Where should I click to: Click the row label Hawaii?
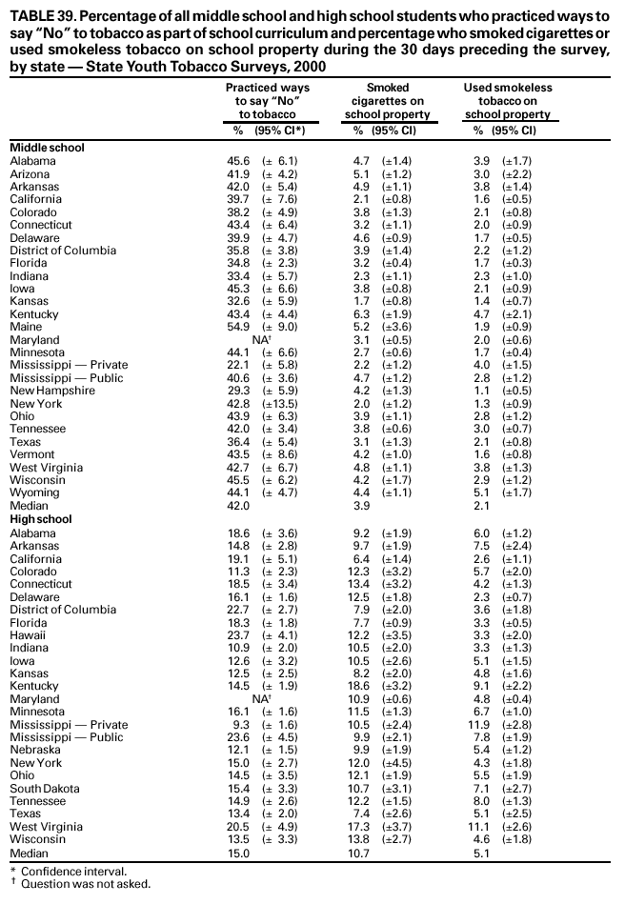[x=29, y=634]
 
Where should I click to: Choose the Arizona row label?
[x=31, y=173]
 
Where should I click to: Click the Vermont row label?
[x=32, y=455]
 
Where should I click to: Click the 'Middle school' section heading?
[x=47, y=148]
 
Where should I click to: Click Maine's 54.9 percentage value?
[x=238, y=327]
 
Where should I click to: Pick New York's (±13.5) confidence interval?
[x=281, y=404]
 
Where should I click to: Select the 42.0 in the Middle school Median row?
[x=238, y=507]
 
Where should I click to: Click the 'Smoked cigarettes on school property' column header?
[x=388, y=101]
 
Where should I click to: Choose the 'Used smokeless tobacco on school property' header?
[x=508, y=101]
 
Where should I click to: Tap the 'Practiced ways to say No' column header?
[x=268, y=101]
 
